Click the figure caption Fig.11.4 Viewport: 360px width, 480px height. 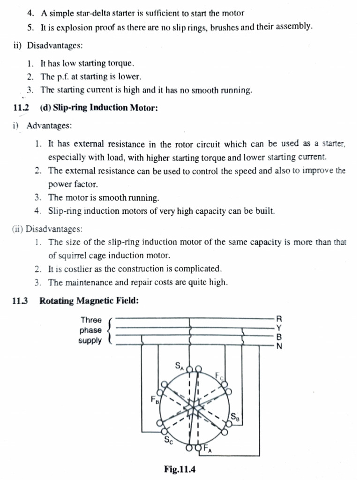tap(180, 468)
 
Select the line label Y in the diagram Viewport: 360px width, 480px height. tap(279, 328)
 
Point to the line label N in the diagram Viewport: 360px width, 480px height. tap(279, 346)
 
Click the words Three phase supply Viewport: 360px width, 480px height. tap(90, 330)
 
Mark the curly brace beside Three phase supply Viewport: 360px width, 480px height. tap(110, 330)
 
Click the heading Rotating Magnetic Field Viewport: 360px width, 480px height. tap(89, 301)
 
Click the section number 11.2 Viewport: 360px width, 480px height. tap(21, 108)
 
